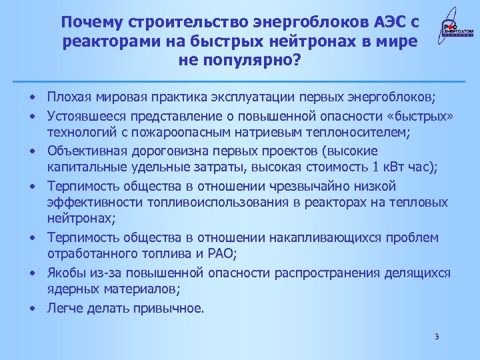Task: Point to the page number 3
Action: [x=437, y=336]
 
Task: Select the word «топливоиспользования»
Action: [x=193, y=202]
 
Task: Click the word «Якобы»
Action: [x=67, y=273]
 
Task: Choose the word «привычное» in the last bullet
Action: [x=177, y=308]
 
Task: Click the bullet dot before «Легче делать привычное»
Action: [x=32, y=308]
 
